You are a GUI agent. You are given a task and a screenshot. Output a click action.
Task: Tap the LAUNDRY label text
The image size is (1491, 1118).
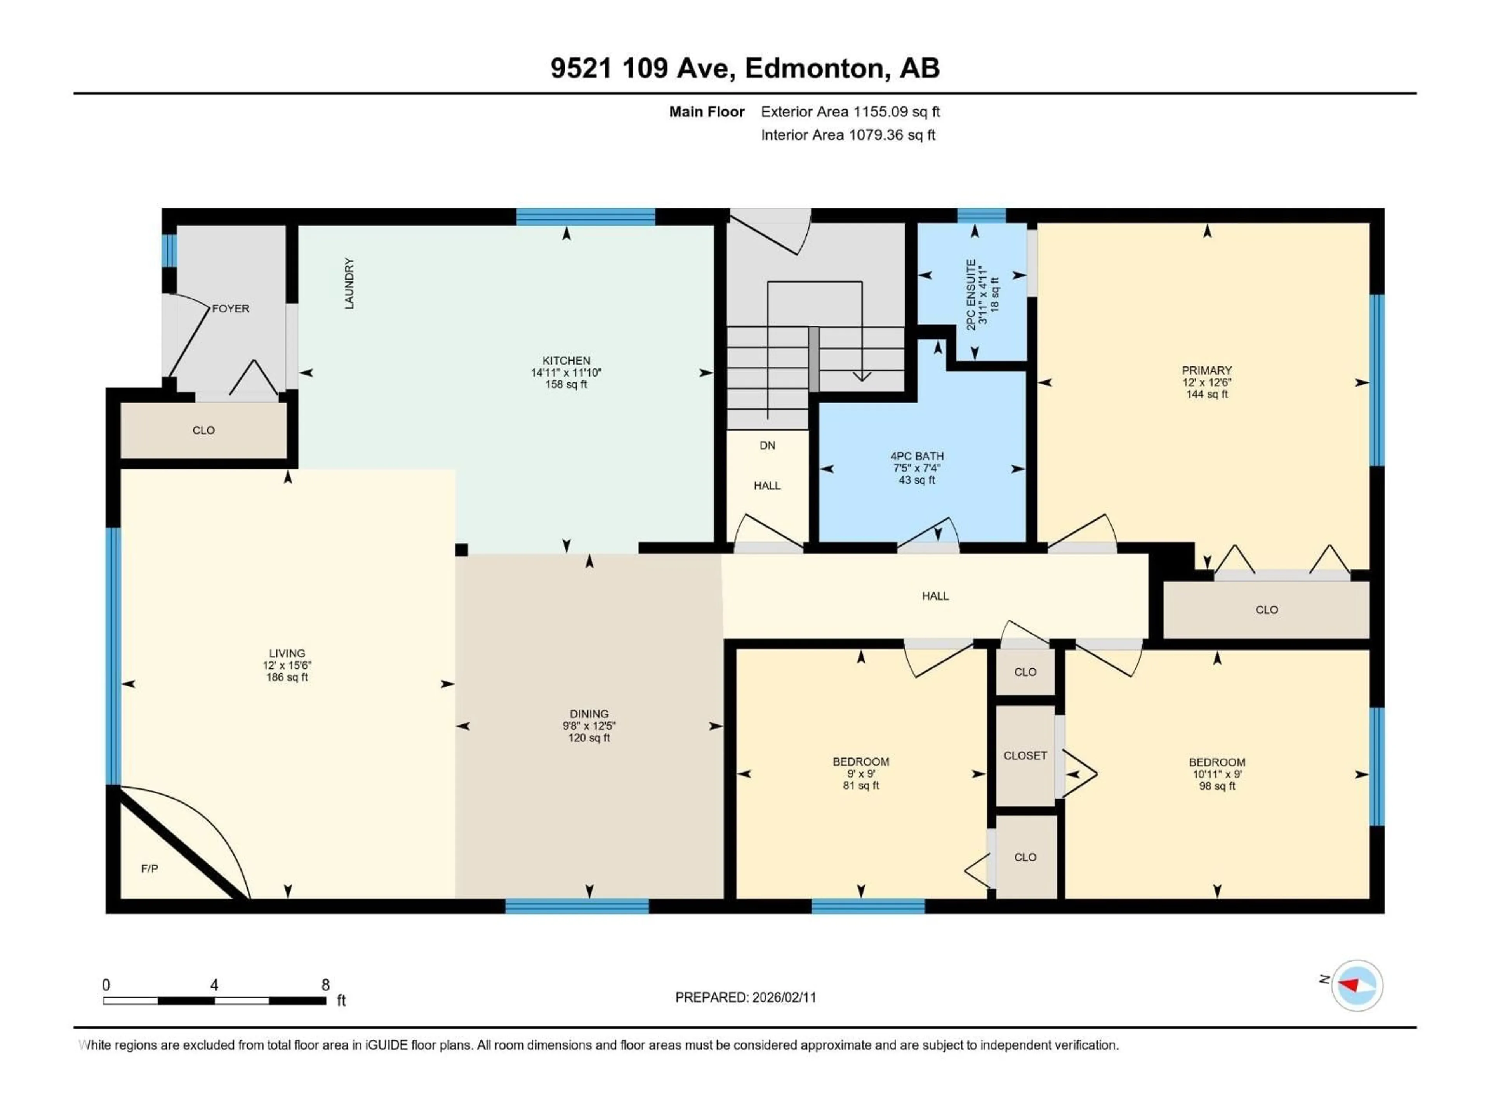point(349,284)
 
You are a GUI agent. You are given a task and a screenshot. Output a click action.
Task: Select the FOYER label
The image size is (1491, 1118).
point(231,309)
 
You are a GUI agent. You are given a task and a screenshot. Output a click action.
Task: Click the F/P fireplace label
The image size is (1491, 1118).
point(149,869)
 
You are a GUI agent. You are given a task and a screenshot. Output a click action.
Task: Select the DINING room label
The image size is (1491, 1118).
point(589,714)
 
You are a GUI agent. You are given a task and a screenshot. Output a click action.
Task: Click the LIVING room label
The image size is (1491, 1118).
point(287,653)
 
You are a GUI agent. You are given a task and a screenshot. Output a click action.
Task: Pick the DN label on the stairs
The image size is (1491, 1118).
point(767,445)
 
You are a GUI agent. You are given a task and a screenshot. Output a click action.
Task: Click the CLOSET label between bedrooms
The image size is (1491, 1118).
point(1025,755)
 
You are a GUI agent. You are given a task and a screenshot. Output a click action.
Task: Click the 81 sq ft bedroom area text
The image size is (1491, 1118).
point(861,785)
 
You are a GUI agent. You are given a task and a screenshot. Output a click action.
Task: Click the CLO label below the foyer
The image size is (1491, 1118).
point(203,431)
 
